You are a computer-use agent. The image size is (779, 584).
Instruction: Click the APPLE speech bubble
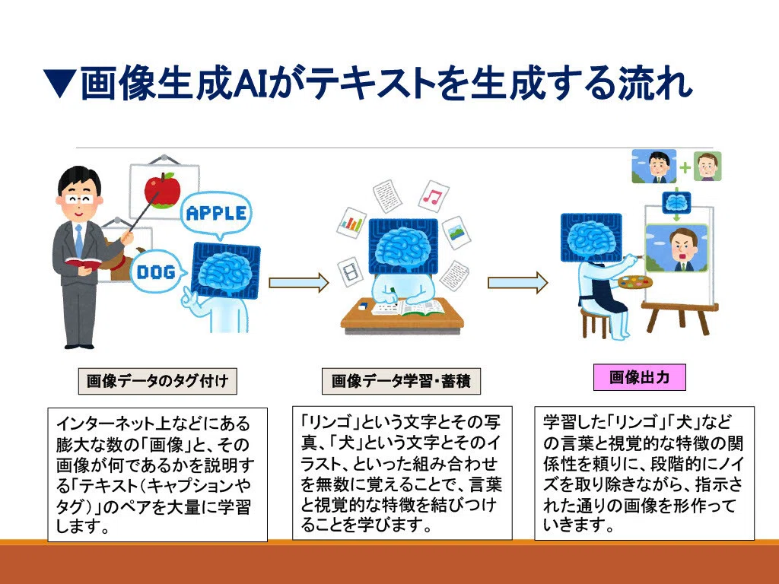pyautogui.click(x=216, y=213)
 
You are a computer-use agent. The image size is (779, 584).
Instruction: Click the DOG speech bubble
pyautogui.click(x=157, y=271)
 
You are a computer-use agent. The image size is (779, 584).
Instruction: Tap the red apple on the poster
pyautogui.click(x=162, y=190)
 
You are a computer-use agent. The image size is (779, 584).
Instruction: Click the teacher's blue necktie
pyautogui.click(x=79, y=241)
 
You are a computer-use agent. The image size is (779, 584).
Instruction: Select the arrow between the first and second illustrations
pyautogui.click(x=298, y=283)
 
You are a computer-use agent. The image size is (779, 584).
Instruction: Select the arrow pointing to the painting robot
pyautogui.click(x=517, y=283)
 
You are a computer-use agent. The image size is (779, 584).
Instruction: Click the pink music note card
pyautogui.click(x=433, y=195)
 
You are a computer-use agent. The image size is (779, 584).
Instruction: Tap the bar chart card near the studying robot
pyautogui.click(x=351, y=223)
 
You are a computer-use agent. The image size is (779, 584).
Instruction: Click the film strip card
pyautogui.click(x=351, y=271)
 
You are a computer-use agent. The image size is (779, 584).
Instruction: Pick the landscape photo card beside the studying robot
pyautogui.click(x=456, y=232)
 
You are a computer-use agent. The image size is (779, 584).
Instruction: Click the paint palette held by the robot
pyautogui.click(x=635, y=281)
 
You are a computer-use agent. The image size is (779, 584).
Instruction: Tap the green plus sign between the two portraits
pyautogui.click(x=685, y=167)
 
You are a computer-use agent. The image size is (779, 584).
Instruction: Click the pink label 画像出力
pyautogui.click(x=639, y=377)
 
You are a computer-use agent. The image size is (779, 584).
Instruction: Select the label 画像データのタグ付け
pyautogui.click(x=157, y=382)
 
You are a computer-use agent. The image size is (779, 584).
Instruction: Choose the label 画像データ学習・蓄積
pyautogui.click(x=401, y=382)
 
